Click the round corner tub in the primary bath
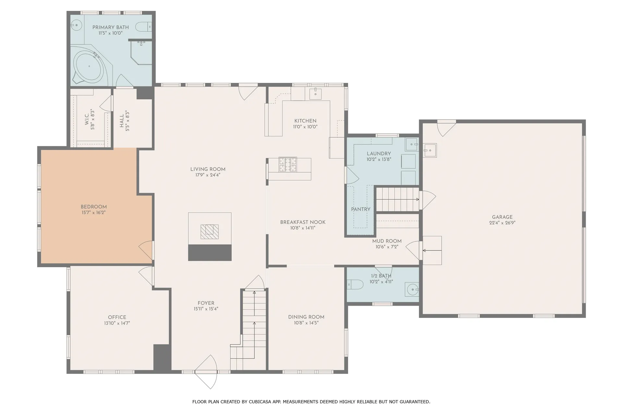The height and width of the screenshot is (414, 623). click(x=89, y=66)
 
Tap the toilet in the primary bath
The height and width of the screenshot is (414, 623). click(x=143, y=27)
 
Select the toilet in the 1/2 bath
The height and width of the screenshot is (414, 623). click(x=355, y=285)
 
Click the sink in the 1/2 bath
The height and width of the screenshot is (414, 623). click(x=412, y=289)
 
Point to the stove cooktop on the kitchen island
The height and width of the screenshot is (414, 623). click(x=288, y=164)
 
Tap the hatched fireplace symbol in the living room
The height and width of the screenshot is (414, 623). click(x=210, y=232)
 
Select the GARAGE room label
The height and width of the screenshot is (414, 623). click(x=502, y=217)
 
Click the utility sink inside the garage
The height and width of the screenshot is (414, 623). click(x=430, y=150)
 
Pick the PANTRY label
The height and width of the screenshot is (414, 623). click(x=360, y=209)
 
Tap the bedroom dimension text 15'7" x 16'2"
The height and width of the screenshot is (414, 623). click(x=93, y=213)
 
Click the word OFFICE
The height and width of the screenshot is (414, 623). click(x=117, y=317)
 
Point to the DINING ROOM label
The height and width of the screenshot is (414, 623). click(x=306, y=317)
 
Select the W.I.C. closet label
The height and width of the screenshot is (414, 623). click(x=87, y=119)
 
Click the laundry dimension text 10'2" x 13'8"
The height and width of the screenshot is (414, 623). click(x=379, y=159)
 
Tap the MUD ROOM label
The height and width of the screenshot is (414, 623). click(x=387, y=241)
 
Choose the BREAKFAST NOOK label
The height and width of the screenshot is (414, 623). click(x=303, y=222)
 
